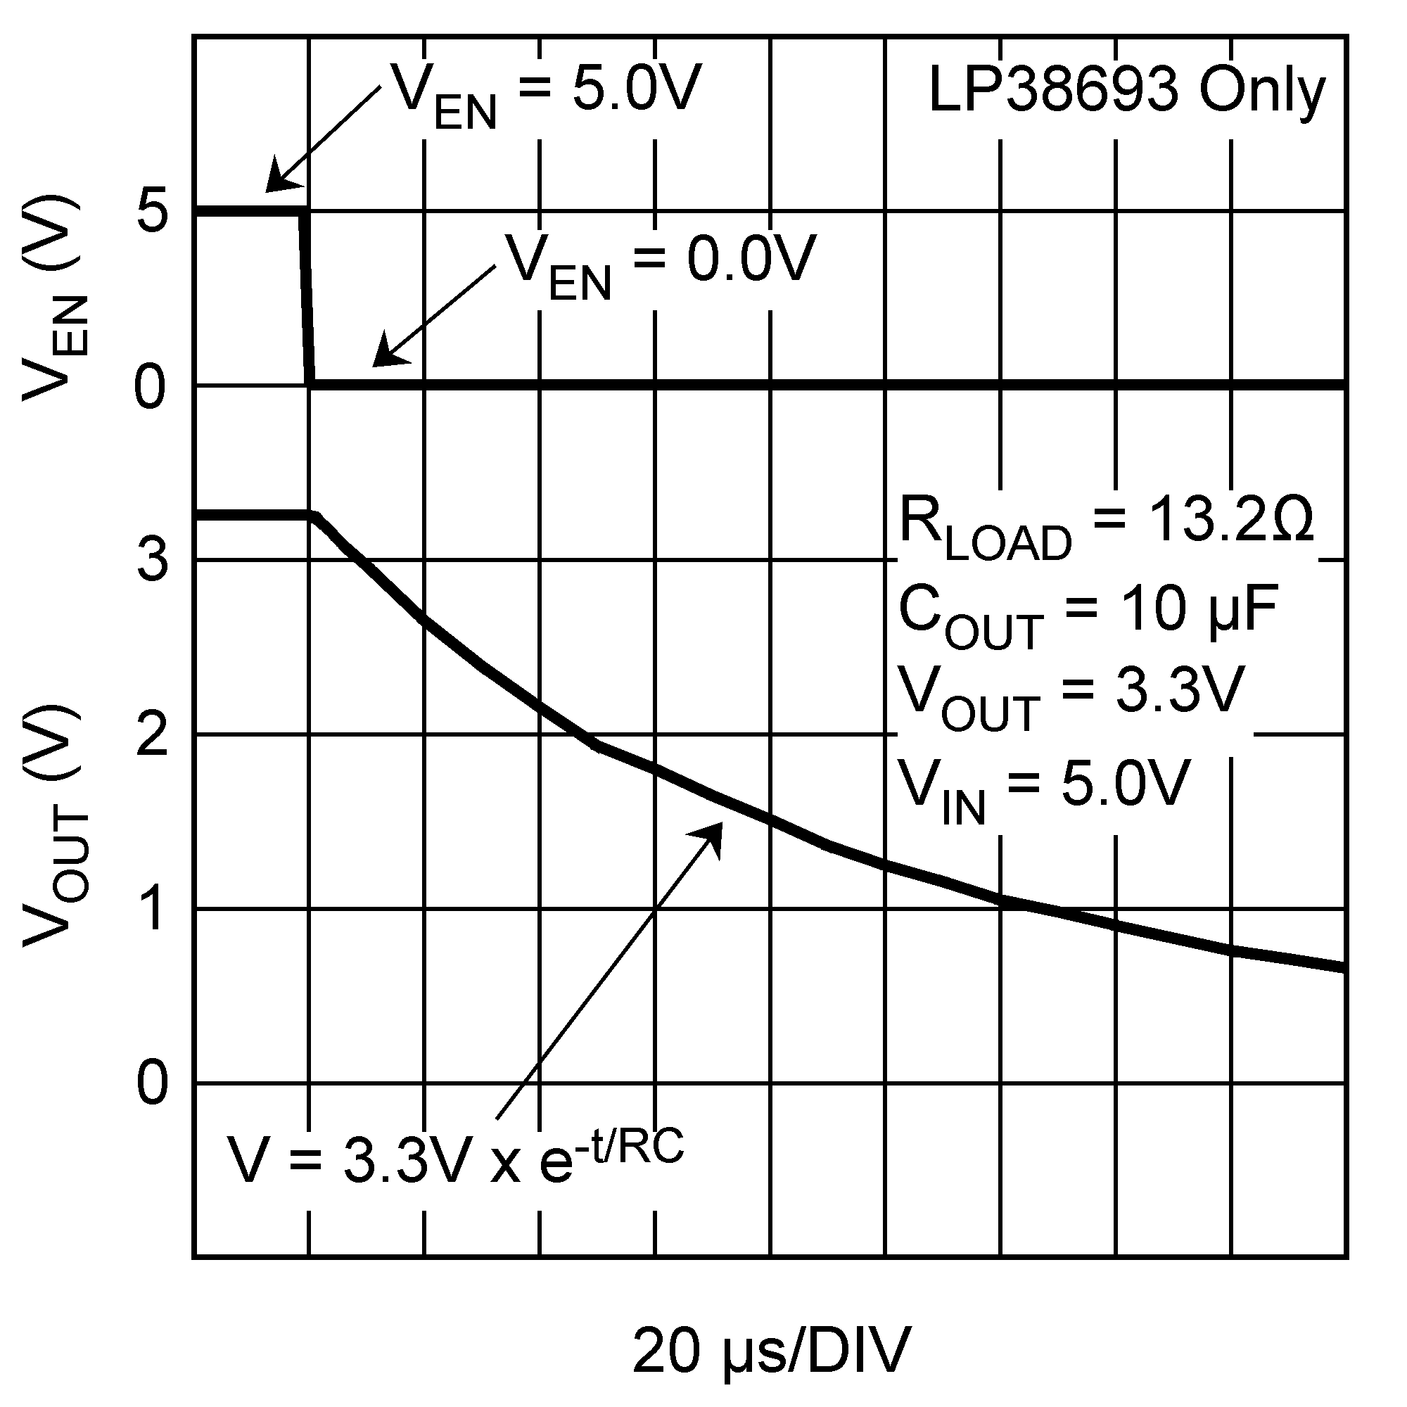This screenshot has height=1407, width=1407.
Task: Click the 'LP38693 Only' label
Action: click(x=1126, y=91)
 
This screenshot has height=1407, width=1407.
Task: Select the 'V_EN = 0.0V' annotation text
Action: click(x=661, y=264)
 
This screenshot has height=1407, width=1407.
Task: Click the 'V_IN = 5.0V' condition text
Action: click(x=1043, y=789)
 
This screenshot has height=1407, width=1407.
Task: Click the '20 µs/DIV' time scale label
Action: click(x=771, y=1351)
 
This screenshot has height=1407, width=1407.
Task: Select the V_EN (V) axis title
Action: click(x=56, y=298)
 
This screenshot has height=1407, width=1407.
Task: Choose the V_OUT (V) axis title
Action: click(x=56, y=827)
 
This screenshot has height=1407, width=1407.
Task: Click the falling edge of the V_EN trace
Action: click(x=307, y=298)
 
